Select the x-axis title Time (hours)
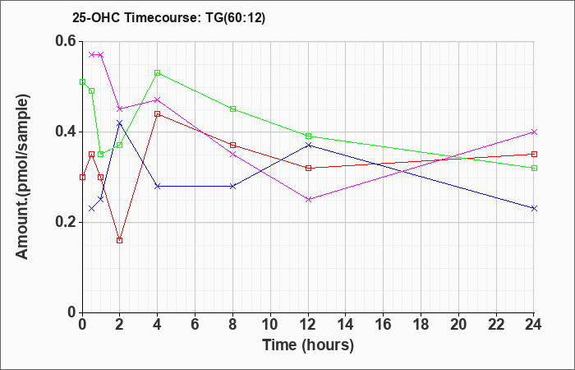pos(308,345)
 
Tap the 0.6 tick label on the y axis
pos(66,41)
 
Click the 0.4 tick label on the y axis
pos(66,132)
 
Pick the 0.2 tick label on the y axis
pos(66,222)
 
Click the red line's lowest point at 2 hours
pos(120,240)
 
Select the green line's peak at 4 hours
pos(158,73)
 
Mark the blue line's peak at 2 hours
pos(120,123)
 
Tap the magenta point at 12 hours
pos(308,199)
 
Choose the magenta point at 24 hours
pos(534,132)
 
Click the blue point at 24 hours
pos(534,208)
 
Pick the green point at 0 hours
pos(82,81)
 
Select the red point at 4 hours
pos(158,113)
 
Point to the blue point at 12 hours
pos(308,145)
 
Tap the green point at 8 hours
pos(232,109)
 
